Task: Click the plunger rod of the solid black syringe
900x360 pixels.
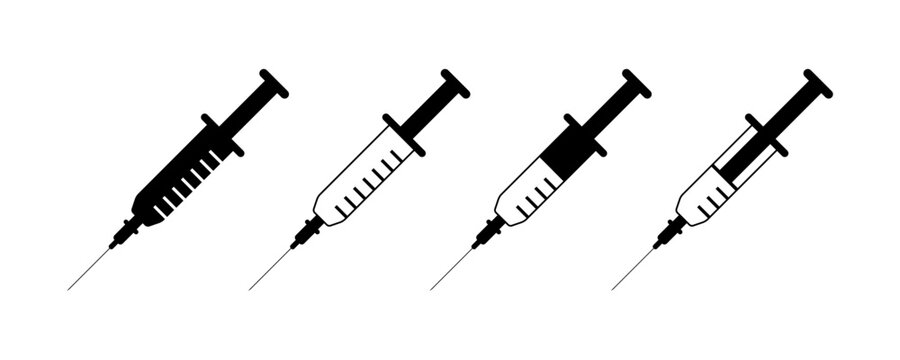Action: (x=248, y=110)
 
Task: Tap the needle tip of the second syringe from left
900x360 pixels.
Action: (x=251, y=288)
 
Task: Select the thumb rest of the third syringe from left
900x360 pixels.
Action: (x=636, y=84)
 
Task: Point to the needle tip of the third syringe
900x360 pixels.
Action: (x=432, y=288)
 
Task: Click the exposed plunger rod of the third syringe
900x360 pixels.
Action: (x=611, y=110)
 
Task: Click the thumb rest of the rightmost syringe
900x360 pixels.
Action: (x=818, y=84)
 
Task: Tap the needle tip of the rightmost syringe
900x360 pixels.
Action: (x=614, y=288)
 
